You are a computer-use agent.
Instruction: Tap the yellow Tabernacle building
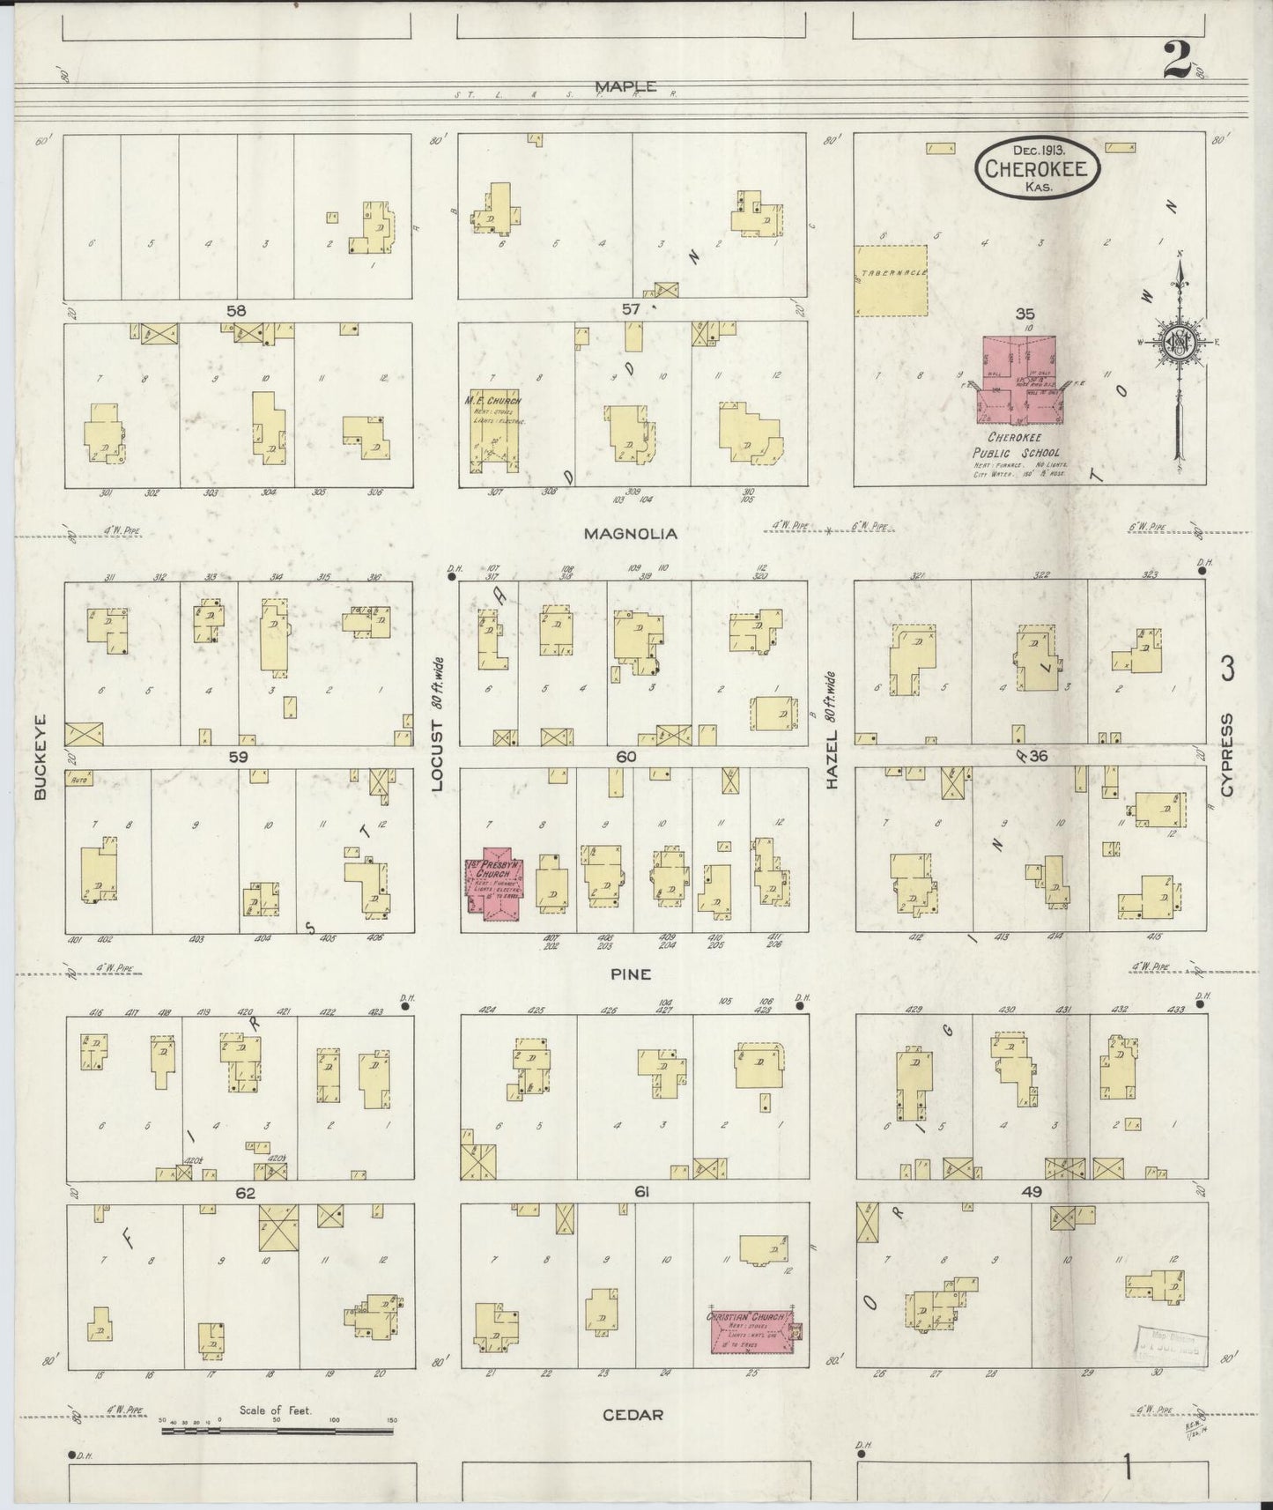click(892, 280)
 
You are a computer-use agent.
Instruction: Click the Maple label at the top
click(625, 86)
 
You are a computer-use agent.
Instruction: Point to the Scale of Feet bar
click(278, 1431)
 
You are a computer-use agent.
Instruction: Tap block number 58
click(235, 310)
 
